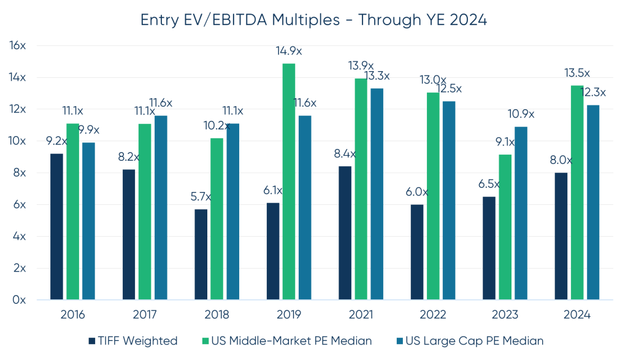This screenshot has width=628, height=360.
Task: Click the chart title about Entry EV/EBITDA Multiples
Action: click(313, 20)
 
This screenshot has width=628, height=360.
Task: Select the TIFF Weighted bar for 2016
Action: click(56, 227)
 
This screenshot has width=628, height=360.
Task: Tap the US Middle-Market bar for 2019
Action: click(289, 182)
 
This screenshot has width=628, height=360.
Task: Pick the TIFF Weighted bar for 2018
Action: click(201, 255)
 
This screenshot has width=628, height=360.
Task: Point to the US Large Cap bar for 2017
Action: click(161, 208)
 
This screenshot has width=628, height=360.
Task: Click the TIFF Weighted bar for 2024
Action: click(561, 236)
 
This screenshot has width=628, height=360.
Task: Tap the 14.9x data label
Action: click(289, 51)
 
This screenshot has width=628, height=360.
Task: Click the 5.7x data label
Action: click(200, 197)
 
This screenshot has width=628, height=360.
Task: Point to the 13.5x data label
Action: click(577, 73)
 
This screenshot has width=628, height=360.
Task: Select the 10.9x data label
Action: click(521, 114)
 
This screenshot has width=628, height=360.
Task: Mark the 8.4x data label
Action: click(344, 154)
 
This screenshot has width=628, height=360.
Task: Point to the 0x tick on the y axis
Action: click(20, 301)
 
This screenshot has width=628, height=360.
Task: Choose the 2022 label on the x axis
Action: click(433, 315)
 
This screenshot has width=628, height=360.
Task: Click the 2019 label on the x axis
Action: click(289, 315)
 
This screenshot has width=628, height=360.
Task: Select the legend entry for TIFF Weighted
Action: click(133, 341)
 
